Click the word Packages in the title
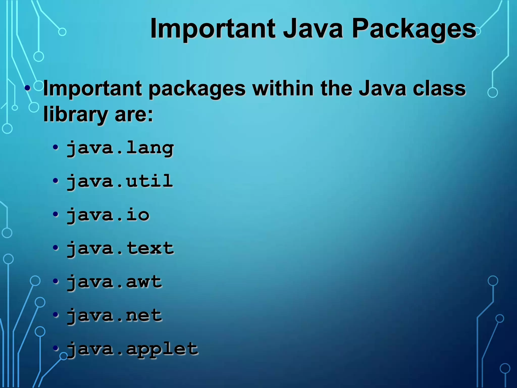[414, 29]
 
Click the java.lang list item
[120, 148]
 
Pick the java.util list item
[120, 181]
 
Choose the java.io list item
[108, 215]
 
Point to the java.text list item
[120, 248]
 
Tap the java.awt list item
[114, 282]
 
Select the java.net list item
[114, 316]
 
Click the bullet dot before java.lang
[56, 147]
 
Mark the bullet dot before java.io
[56, 214]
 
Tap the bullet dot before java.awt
[56, 281]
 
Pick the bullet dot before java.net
[56, 315]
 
